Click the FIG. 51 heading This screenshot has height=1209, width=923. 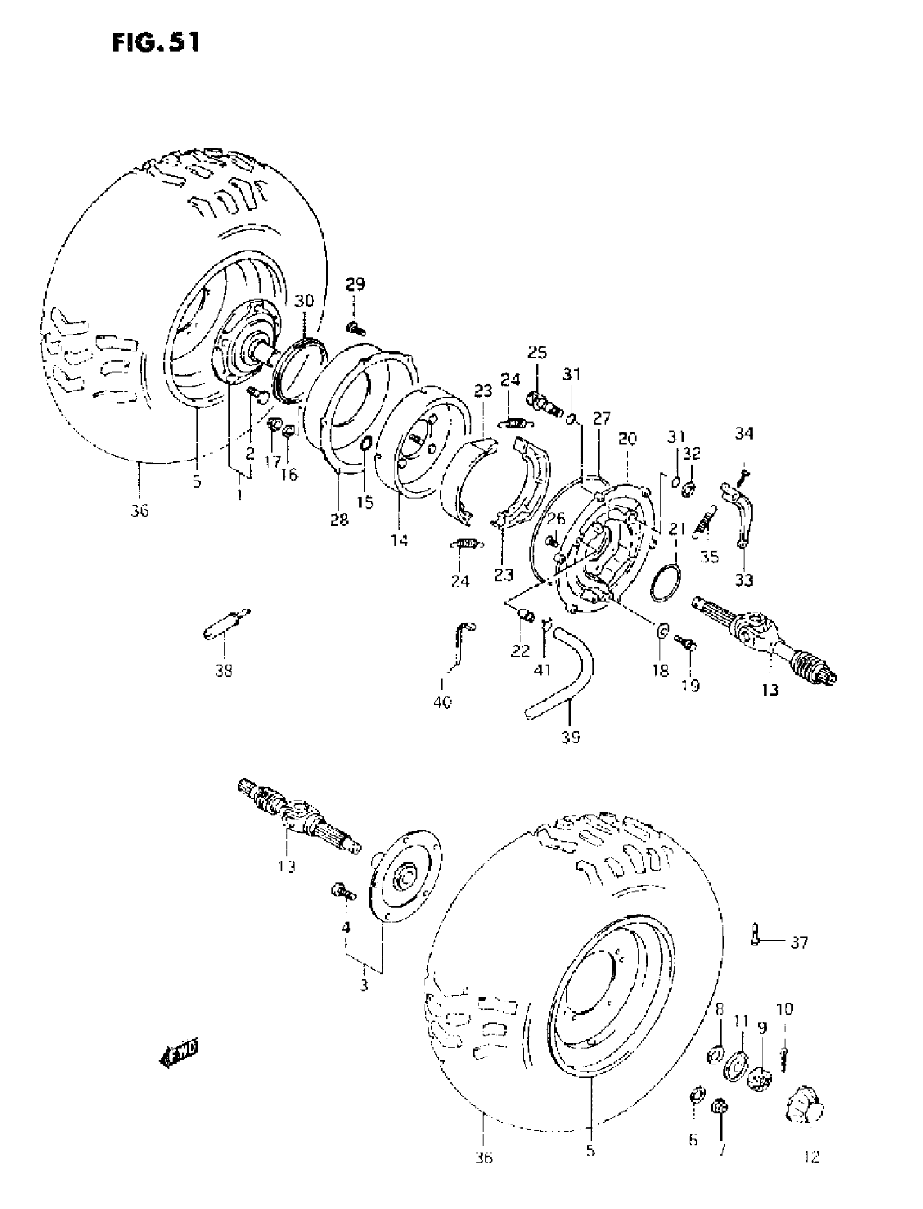tap(156, 42)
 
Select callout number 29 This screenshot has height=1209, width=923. tap(355, 284)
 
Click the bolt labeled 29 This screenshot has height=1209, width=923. tap(356, 328)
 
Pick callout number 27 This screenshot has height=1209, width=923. tap(602, 419)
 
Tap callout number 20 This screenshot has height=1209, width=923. tap(627, 438)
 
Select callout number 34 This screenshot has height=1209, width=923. tap(744, 434)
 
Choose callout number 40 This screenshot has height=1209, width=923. tap(442, 702)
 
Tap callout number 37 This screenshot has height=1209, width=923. tap(799, 943)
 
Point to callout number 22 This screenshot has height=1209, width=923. tap(520, 651)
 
